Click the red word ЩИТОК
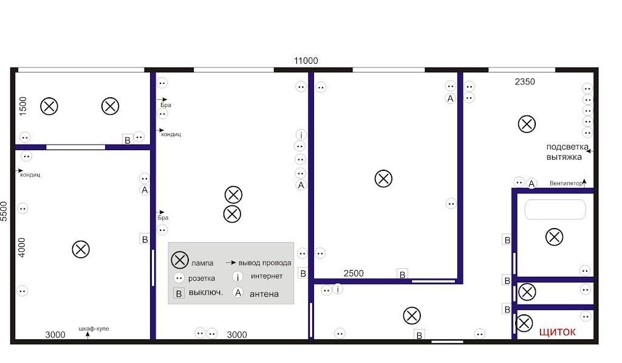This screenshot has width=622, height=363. (557, 332)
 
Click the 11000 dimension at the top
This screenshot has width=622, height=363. (306, 61)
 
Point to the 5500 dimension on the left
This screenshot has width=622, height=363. (4, 211)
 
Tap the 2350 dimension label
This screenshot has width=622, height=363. (525, 82)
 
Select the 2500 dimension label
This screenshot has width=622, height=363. (354, 273)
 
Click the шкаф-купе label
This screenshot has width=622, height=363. (94, 329)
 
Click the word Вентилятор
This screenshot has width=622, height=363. (566, 183)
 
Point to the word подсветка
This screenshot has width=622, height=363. (567, 147)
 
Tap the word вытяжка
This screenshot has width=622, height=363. (564, 157)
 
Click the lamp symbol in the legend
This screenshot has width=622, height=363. (180, 260)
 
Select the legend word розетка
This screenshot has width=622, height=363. (202, 278)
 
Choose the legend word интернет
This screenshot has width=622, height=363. (267, 276)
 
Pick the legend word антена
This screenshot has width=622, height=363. (264, 294)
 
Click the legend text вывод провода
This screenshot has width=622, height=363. (265, 263)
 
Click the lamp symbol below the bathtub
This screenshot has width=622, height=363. (554, 237)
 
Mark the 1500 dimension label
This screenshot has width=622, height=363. (22, 106)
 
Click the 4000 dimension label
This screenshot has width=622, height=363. (21, 247)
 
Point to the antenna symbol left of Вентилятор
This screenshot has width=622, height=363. (531, 184)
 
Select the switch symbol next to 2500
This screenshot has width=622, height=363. (402, 274)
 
